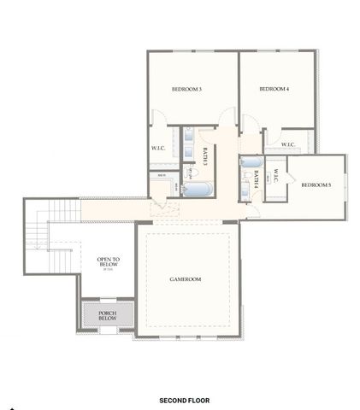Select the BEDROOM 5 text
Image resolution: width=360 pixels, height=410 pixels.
coord(316,185)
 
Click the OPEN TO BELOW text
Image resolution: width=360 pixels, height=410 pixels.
coord(108,262)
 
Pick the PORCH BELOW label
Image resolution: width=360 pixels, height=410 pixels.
coord(108,316)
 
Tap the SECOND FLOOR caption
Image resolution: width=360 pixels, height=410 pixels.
coord(184,400)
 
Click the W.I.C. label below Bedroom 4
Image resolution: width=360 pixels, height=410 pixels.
coord(286,144)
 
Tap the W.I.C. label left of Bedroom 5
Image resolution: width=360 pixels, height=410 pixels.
coord(275,178)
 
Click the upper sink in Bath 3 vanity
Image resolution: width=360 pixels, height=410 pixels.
coord(186,135)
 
